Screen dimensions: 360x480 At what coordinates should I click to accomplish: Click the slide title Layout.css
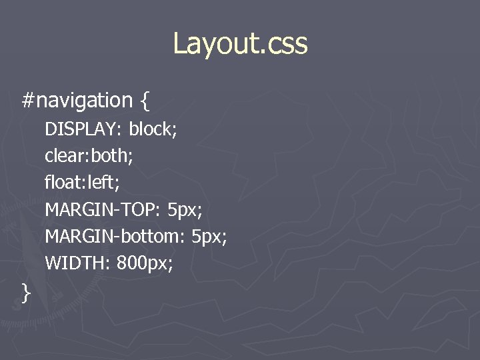pyautogui.click(x=240, y=44)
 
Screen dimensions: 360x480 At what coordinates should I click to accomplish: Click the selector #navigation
pyautogui.click(x=77, y=101)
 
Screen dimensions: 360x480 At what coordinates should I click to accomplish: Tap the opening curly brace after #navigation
pyautogui.click(x=145, y=101)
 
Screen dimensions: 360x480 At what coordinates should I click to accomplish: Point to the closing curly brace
pyautogui.click(x=26, y=292)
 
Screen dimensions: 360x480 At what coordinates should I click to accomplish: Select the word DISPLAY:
pyautogui.click(x=83, y=129)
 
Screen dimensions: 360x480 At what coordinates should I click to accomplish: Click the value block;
pyautogui.click(x=153, y=129)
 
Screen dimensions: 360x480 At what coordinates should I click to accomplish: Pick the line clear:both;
pyautogui.click(x=89, y=156)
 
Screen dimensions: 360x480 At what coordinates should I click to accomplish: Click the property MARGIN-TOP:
pyautogui.click(x=103, y=210)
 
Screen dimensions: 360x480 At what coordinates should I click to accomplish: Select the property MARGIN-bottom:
pyautogui.click(x=115, y=237)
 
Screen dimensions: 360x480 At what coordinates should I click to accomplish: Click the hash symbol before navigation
pyautogui.click(x=28, y=101)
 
